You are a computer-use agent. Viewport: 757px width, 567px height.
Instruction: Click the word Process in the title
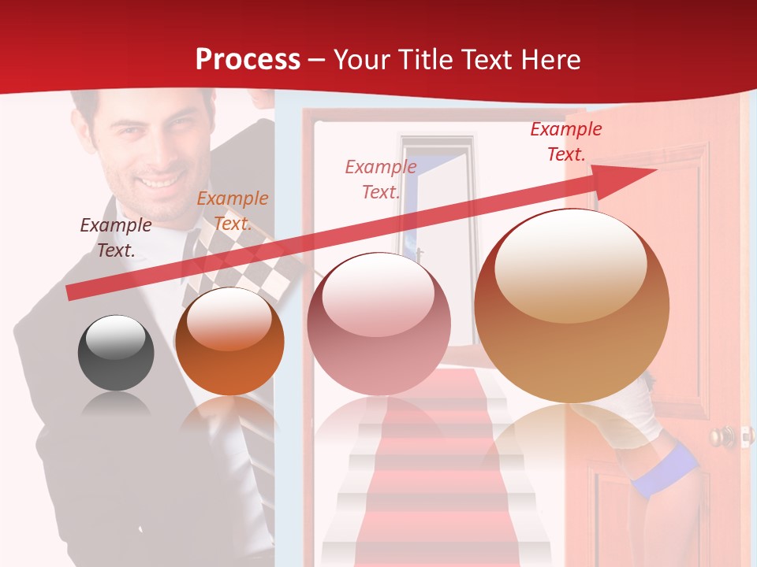click(248, 60)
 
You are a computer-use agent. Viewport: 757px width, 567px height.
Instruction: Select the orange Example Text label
click(233, 211)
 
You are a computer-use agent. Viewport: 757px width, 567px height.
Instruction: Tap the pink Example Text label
click(381, 179)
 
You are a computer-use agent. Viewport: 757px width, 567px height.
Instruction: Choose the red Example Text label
click(565, 142)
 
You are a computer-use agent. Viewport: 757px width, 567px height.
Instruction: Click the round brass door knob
click(720, 437)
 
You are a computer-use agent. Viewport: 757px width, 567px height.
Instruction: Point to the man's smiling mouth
click(159, 181)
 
